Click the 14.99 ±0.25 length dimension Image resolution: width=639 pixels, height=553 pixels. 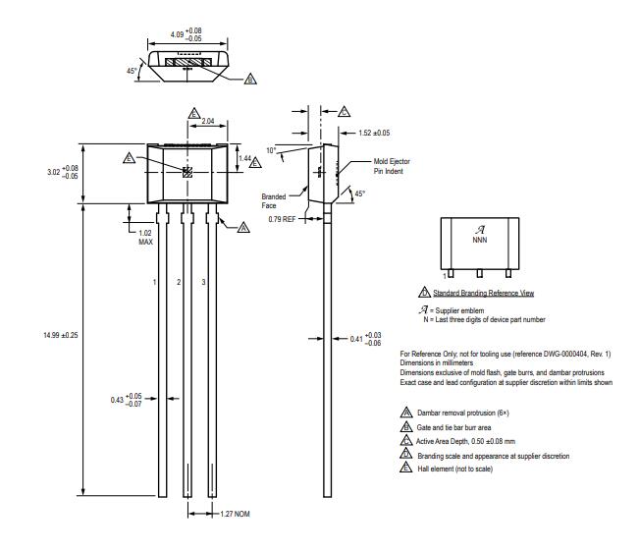coord(60,335)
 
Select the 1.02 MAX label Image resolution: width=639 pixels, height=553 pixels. coord(145,237)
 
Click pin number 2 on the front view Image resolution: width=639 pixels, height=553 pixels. coord(178,282)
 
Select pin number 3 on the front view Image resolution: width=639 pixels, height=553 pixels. coord(202,282)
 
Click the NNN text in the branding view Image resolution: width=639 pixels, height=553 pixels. coord(480,239)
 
